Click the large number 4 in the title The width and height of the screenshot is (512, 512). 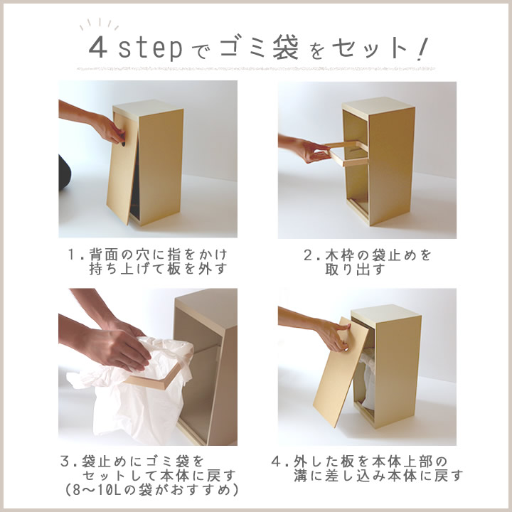[x=97, y=48]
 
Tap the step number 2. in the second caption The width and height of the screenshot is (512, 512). [x=310, y=254]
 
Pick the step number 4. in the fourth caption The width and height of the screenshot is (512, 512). [x=279, y=460]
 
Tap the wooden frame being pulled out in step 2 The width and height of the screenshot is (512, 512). [x=348, y=154]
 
